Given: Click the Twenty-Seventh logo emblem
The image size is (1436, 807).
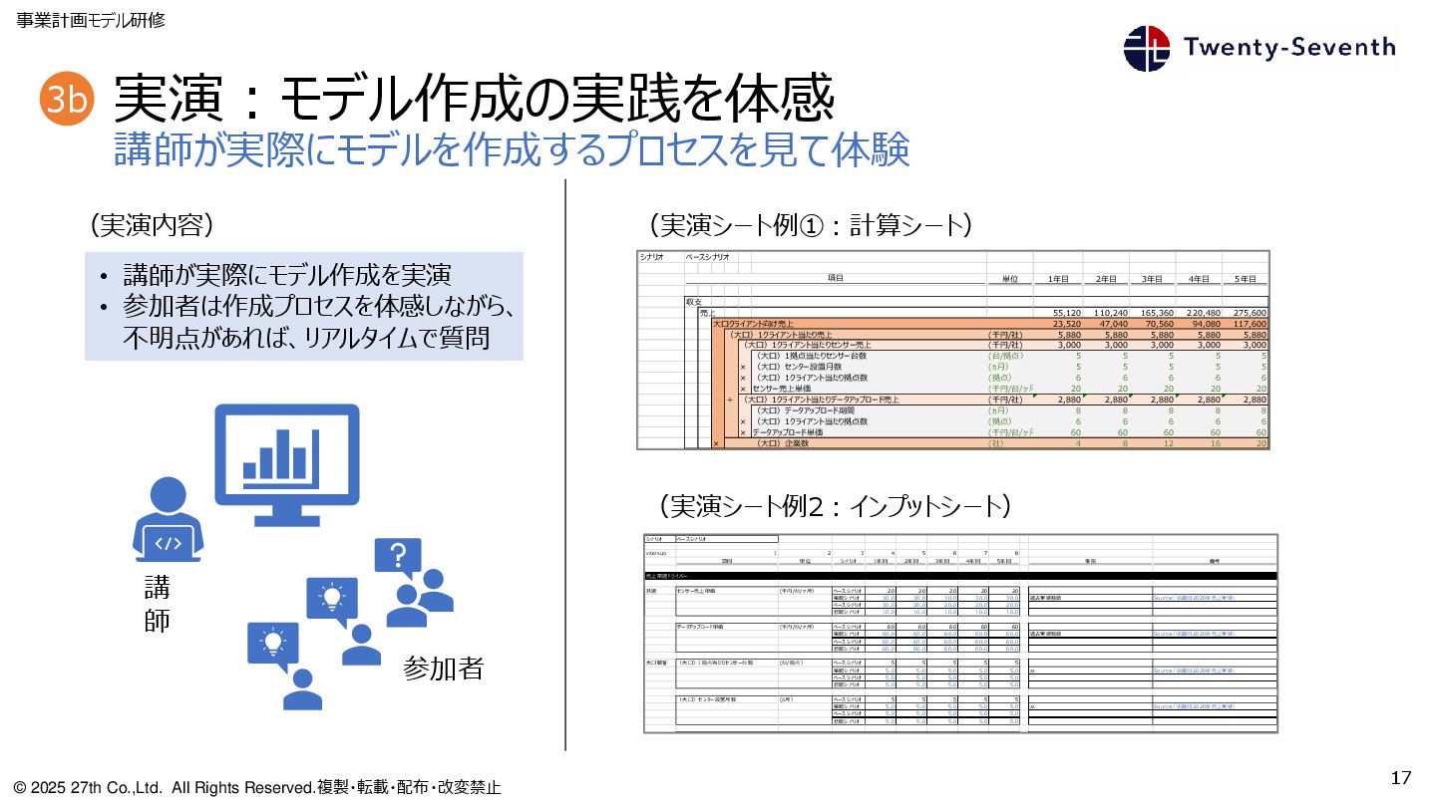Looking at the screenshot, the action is (1147, 48).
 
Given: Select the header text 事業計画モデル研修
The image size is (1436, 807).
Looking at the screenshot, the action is (90, 20).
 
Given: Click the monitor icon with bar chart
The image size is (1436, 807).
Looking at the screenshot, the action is (286, 464).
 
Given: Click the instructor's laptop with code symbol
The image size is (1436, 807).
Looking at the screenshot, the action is (169, 544).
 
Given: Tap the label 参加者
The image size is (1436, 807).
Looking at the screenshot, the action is (443, 668).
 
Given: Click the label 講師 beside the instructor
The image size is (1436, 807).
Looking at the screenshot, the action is (157, 605).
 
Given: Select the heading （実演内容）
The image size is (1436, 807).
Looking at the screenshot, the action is (153, 225).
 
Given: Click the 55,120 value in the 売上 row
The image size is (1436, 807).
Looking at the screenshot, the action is (1072, 312).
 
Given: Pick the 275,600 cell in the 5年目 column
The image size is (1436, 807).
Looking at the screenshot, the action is (1247, 312).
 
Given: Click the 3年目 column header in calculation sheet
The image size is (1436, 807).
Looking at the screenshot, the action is (1152, 279).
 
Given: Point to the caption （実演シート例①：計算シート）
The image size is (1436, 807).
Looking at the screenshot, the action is (809, 225).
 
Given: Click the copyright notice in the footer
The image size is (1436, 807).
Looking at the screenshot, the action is (257, 787).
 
